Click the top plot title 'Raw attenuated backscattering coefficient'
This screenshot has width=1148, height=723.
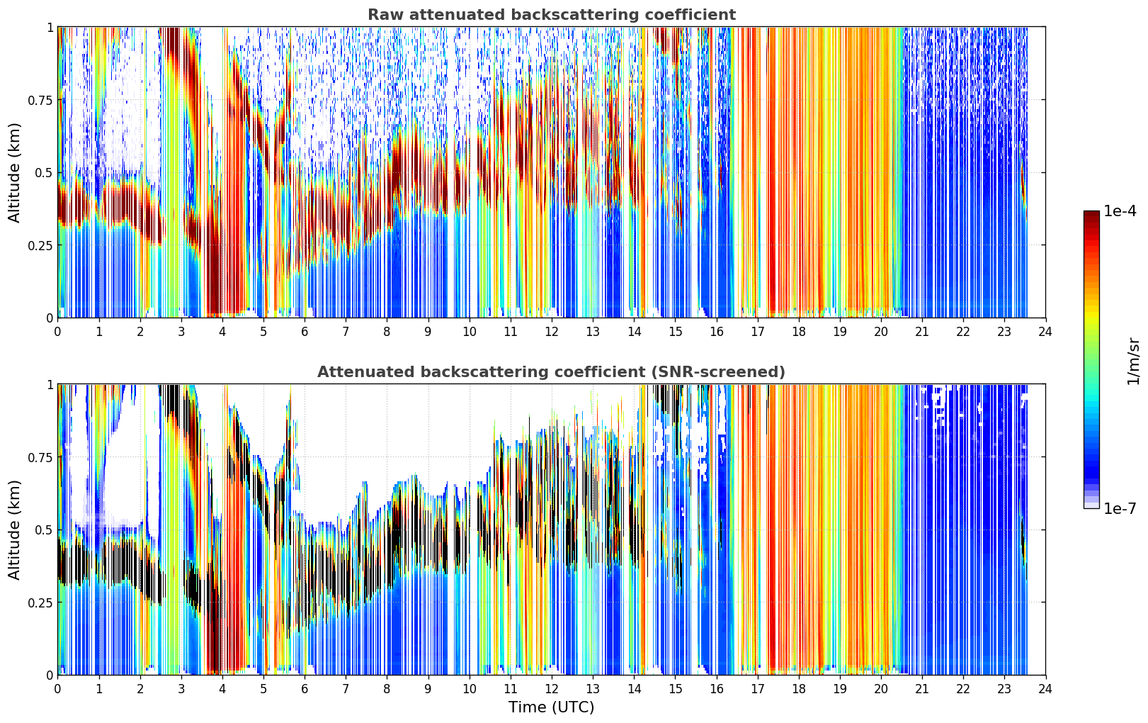tap(552, 15)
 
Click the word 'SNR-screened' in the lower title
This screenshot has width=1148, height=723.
tap(716, 371)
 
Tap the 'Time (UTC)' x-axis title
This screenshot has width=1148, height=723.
tap(552, 707)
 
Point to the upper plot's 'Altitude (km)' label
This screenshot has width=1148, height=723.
tap(14, 172)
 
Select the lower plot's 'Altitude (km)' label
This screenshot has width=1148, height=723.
tap(14, 529)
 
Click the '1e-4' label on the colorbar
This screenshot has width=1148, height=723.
tap(1120, 211)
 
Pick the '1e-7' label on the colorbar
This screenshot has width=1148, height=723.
tap(1120, 508)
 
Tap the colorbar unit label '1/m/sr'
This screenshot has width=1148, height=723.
tap(1133, 361)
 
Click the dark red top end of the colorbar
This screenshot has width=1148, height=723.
tap(1091, 213)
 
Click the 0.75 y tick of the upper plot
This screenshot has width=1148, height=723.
tap(40, 100)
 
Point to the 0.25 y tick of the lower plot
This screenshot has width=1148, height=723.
tap(40, 602)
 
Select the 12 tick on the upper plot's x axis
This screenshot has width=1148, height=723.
tap(552, 332)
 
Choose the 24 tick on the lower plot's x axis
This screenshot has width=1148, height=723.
tap(1045, 689)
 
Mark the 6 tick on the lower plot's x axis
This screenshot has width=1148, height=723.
tap(305, 689)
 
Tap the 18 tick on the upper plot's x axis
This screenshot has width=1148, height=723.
tap(798, 332)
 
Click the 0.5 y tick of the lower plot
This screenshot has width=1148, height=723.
tap(44, 529)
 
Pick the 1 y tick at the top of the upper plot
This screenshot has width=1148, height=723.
tap(50, 27)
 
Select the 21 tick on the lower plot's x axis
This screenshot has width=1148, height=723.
tap(922, 689)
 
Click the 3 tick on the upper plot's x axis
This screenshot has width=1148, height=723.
tap(181, 332)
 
